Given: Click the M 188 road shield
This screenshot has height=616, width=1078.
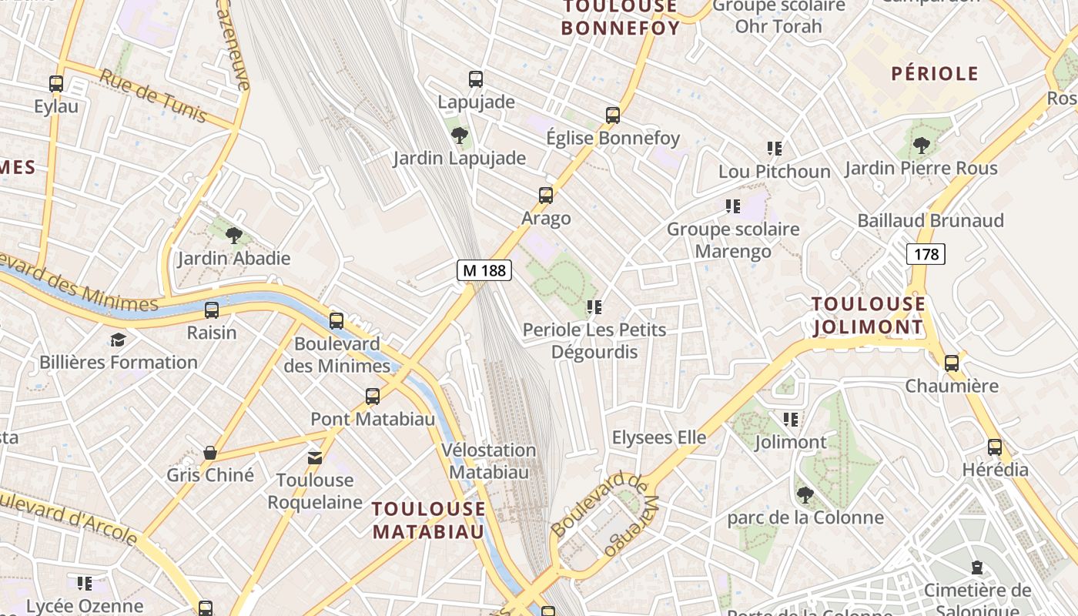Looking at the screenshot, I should (x=485, y=270).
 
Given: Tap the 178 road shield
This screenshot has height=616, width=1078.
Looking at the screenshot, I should (x=925, y=254).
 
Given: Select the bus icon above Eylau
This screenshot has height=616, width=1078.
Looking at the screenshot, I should (x=56, y=84).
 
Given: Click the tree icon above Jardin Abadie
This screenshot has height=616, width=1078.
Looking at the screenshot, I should (x=234, y=236).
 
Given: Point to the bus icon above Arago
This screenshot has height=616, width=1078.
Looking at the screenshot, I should (x=546, y=196).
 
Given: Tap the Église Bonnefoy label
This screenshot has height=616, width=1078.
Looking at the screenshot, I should (x=613, y=139).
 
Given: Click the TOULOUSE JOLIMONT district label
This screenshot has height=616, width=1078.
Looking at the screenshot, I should (x=868, y=316).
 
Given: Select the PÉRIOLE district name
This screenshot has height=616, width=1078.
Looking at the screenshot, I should (x=935, y=74).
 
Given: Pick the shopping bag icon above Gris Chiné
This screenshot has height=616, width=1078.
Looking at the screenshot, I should (x=209, y=452).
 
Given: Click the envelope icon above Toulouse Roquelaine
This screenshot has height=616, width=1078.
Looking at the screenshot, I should (x=314, y=458).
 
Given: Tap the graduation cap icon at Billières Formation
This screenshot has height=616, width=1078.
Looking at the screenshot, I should (x=118, y=340).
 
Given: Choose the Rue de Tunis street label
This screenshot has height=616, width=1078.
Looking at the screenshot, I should (x=153, y=95).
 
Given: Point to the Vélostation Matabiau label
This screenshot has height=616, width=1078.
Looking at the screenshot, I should (x=489, y=460).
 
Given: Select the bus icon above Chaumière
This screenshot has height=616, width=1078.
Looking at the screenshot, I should (x=952, y=363).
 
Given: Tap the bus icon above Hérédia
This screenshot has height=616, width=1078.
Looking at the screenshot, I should (x=995, y=447).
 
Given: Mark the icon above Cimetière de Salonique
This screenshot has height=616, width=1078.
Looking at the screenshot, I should (x=977, y=569).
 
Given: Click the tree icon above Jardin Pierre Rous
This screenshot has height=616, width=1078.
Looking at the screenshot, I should (x=921, y=146).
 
